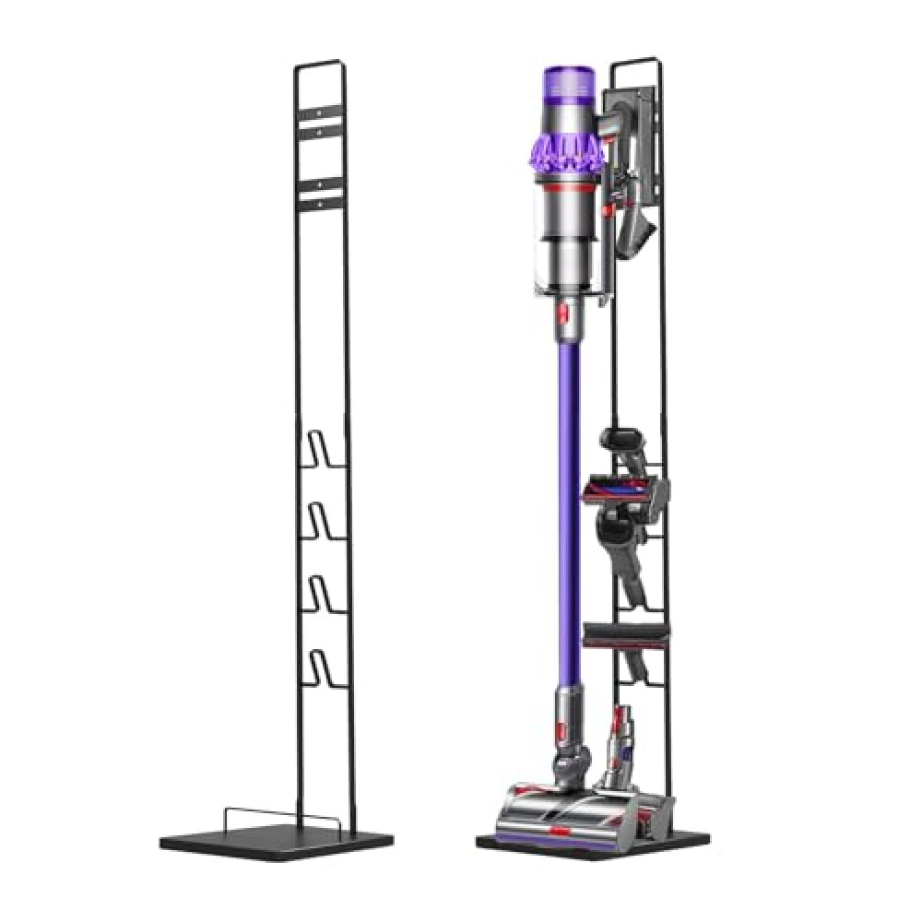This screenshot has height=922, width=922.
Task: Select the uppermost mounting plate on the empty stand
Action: tap(318, 122)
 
